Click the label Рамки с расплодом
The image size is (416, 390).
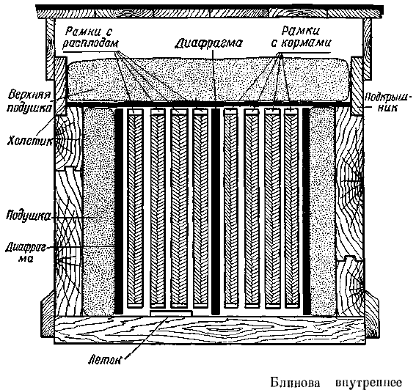point(91,37)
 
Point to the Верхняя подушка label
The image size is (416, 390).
point(29,101)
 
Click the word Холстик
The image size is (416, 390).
point(29,141)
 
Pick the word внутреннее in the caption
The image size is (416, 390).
point(369,383)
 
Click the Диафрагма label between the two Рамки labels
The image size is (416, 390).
point(208,43)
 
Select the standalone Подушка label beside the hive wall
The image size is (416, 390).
point(28,216)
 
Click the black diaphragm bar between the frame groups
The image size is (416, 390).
point(216,211)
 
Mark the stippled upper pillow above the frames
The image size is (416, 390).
point(208,81)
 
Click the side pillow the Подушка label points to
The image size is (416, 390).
point(99,211)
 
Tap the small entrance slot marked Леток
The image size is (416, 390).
point(171,313)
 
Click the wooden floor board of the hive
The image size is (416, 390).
point(209,330)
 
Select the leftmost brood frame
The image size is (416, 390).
point(135,208)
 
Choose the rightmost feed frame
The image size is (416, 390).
point(292,208)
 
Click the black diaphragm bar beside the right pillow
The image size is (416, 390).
point(307,211)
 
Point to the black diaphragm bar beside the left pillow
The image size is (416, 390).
point(119,211)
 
